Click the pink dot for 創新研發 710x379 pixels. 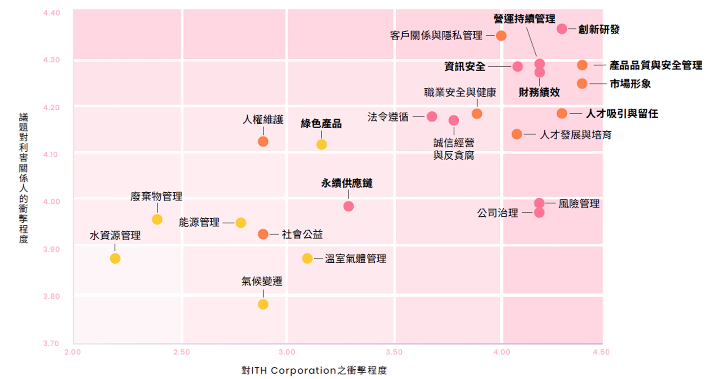coord(562,29)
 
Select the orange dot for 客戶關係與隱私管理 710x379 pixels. coord(501,35)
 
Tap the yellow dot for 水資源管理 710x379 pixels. coord(115,258)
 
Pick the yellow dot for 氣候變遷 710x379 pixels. coord(263,304)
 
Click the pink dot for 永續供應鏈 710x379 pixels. coord(348,206)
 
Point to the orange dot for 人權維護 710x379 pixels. coord(263,142)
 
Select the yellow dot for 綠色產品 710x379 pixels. coord(322,144)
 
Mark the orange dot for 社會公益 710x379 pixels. coord(263,234)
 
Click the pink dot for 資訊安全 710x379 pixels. coord(518,67)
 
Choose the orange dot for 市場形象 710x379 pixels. coord(582,83)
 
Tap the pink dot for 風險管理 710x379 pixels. coord(539,203)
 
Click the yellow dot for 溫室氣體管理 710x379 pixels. coord(307,258)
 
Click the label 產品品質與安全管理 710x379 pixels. coord(656,65)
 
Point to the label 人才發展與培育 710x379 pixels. coord(576,135)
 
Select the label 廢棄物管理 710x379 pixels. coord(156,196)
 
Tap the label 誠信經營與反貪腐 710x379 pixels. coord(454,149)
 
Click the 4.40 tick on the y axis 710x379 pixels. coord(52,13)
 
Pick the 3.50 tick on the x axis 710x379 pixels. coord(394,352)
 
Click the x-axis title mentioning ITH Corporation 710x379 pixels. coord(314,370)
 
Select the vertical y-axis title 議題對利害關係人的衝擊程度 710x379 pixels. coord(24,178)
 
